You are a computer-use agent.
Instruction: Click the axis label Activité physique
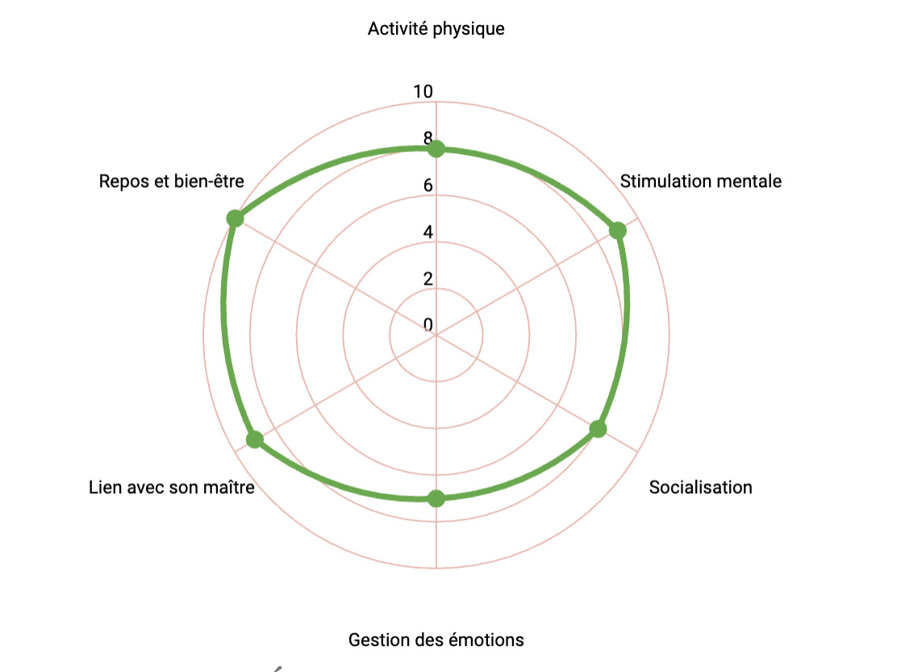[x=436, y=29]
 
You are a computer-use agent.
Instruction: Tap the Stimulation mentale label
[x=700, y=181]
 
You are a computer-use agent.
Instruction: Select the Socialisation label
[x=700, y=487]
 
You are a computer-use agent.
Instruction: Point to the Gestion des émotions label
[x=436, y=640]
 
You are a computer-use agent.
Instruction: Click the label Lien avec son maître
[x=172, y=487]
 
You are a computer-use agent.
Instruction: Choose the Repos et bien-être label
[x=171, y=181]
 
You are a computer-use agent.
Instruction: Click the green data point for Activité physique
[x=436, y=149]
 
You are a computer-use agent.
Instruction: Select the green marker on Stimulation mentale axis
[x=618, y=231]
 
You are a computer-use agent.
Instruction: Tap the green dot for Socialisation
[x=598, y=429]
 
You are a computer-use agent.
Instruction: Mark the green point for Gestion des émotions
[x=436, y=499]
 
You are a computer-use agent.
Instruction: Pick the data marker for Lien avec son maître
[x=255, y=440]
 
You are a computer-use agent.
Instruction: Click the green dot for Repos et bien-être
[x=235, y=219]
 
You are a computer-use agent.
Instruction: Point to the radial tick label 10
[x=423, y=92]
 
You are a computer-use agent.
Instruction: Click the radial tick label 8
[x=428, y=138]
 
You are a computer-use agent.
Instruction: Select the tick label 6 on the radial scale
[x=428, y=186]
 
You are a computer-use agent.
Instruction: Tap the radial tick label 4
[x=428, y=232]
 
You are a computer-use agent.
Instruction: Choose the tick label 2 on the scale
[x=428, y=279]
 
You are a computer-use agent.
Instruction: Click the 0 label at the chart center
[x=428, y=325]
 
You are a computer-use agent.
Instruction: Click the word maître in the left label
[x=232, y=487]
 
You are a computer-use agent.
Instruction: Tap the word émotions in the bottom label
[x=489, y=640]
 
